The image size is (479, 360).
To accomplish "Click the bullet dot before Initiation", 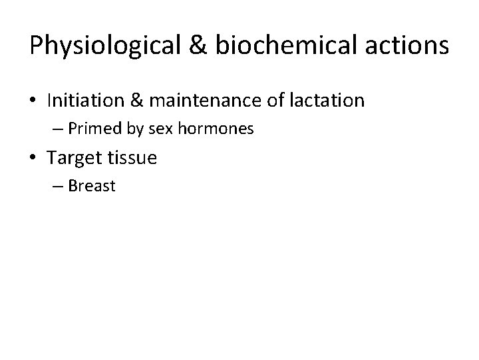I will pyautogui.click(x=35, y=101).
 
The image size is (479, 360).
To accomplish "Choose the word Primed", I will pyautogui.click(x=93, y=129).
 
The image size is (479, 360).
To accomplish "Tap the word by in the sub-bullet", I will pyautogui.click(x=134, y=129).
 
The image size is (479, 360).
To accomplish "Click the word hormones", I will pyautogui.click(x=215, y=129).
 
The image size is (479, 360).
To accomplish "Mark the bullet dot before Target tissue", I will pyautogui.click(x=35, y=159).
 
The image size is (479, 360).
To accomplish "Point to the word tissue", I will pyautogui.click(x=133, y=159).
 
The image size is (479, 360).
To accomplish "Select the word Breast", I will pyautogui.click(x=92, y=186).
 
